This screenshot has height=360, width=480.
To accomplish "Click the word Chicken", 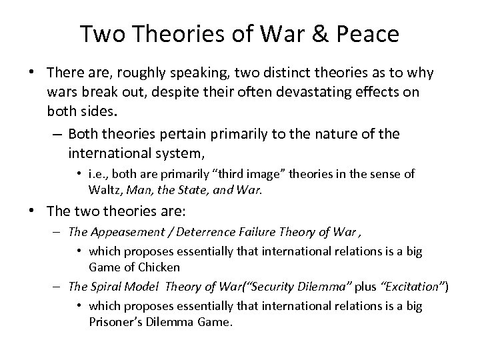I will (159, 267).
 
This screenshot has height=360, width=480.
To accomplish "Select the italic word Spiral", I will (104, 286).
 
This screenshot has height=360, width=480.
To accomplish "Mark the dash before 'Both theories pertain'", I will (58, 134).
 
